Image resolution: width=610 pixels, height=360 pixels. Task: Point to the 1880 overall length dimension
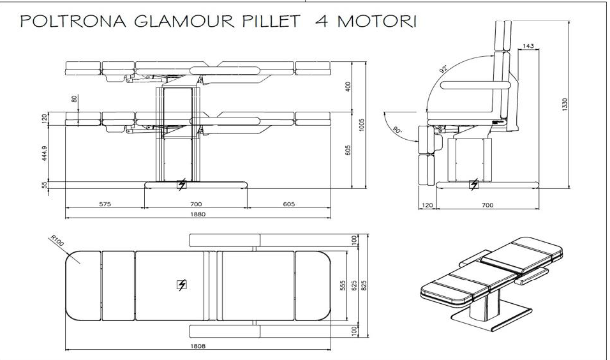(198, 214)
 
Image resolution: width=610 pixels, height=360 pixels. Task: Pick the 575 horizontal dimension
(105, 204)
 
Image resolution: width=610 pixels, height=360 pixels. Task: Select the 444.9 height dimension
(45, 153)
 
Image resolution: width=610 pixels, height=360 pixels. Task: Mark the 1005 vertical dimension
(361, 124)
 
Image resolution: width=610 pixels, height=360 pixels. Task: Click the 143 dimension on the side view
(528, 46)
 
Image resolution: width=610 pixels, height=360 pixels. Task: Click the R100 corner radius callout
(57, 240)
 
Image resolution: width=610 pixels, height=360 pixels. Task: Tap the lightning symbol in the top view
(181, 285)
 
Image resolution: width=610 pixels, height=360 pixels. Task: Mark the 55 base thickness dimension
(45, 185)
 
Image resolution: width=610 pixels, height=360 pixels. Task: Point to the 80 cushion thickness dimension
(75, 100)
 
